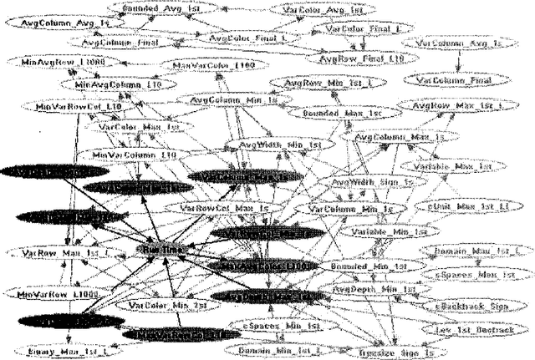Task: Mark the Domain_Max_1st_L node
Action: (x=473, y=251)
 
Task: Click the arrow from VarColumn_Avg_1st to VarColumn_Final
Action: (x=458, y=61)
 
